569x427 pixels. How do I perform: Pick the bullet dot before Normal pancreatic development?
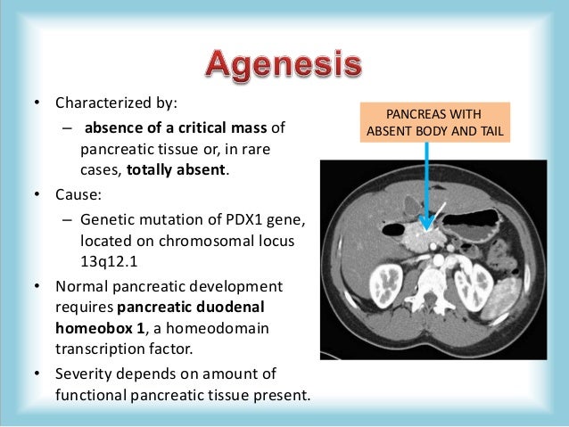click(x=37, y=287)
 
